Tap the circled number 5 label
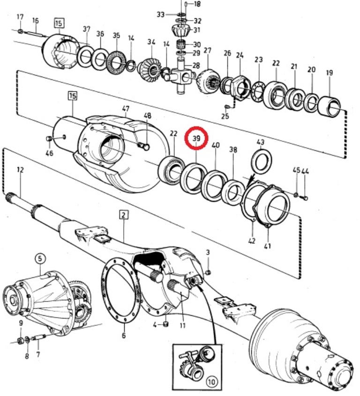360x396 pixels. coord(40,258)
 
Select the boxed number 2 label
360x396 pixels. coord(124,215)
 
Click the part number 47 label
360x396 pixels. coord(126,109)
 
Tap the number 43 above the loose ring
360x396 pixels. coord(261,142)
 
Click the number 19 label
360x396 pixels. coord(329,73)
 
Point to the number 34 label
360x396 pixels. coord(150,42)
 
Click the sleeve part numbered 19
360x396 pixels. coord(330,106)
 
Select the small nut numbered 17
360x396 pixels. coord(21,31)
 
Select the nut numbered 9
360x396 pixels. coord(20,340)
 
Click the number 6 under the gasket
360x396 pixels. coord(124,335)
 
